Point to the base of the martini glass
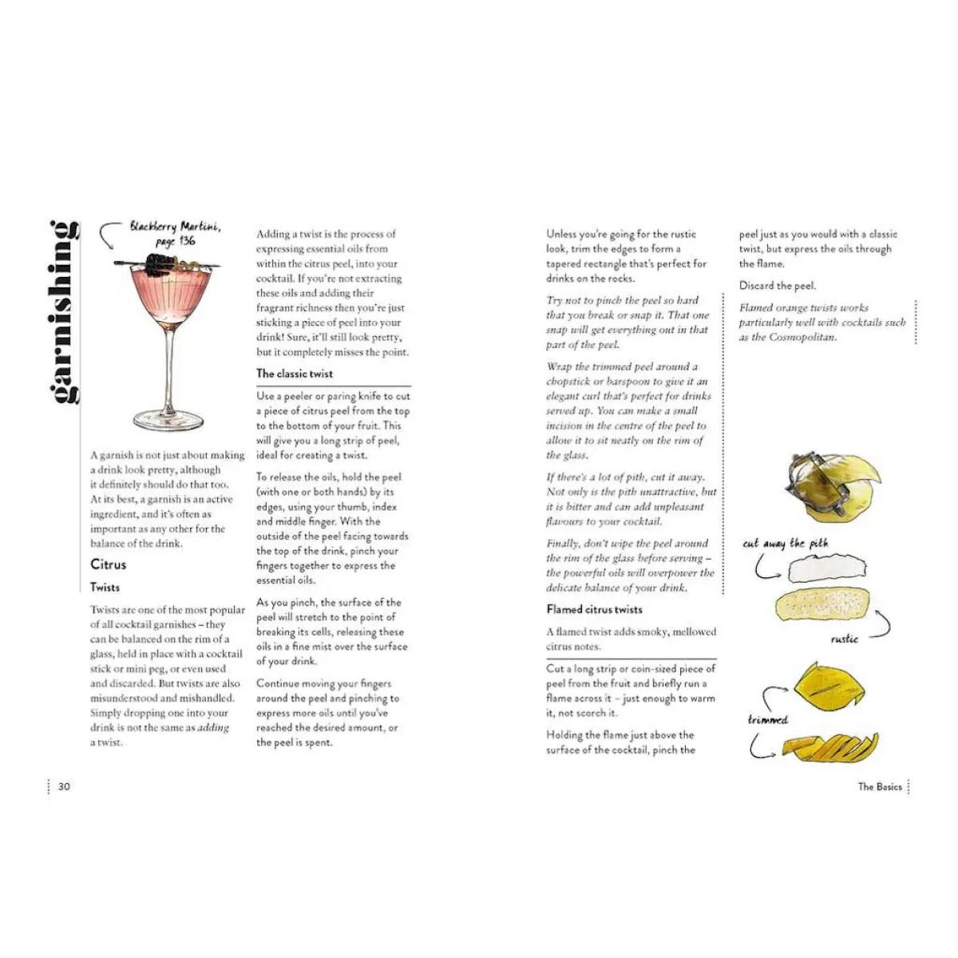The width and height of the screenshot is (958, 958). click(168, 420)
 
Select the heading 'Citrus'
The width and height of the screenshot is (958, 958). click(108, 564)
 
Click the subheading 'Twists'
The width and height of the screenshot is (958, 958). click(105, 588)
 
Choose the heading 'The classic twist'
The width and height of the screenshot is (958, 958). click(295, 374)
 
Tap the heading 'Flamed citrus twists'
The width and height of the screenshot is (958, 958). click(594, 609)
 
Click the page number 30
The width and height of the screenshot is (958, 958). click(64, 786)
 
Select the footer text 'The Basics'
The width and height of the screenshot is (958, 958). click(880, 786)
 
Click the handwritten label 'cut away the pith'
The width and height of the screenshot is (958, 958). click(785, 544)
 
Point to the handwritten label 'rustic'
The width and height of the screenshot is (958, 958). click(844, 639)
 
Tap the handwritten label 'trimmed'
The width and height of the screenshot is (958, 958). click(767, 719)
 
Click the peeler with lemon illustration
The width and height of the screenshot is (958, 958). click(829, 483)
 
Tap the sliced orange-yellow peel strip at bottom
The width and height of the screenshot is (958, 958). click(829, 748)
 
